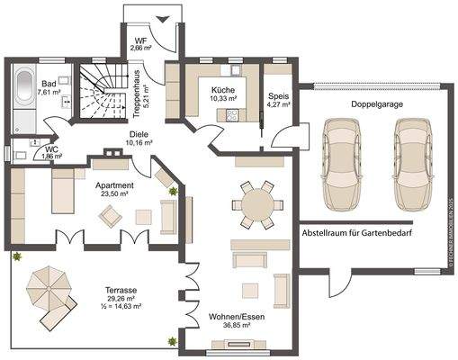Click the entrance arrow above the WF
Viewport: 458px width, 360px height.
(x=163, y=19)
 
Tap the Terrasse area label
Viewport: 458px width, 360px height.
(x=120, y=298)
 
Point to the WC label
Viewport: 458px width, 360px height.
(x=52, y=152)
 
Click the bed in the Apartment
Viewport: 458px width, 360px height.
(x=63, y=189)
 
